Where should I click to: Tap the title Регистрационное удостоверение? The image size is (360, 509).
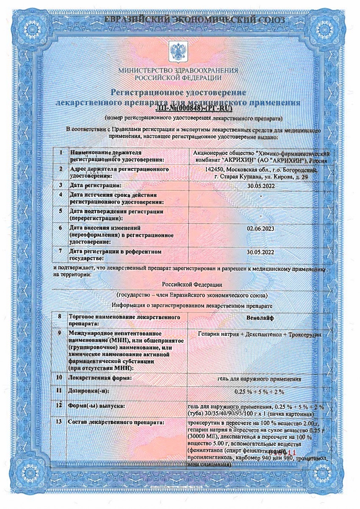click(x=178, y=92)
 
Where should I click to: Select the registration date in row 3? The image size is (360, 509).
click(x=260, y=185)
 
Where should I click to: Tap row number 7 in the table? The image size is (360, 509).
click(x=61, y=252)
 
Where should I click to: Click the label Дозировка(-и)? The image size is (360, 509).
click(x=89, y=391)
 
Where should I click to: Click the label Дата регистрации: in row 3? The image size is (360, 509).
click(x=95, y=185)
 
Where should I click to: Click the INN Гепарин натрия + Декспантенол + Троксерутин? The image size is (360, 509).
click(x=260, y=335)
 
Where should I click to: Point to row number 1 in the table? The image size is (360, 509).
click(x=61, y=152)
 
